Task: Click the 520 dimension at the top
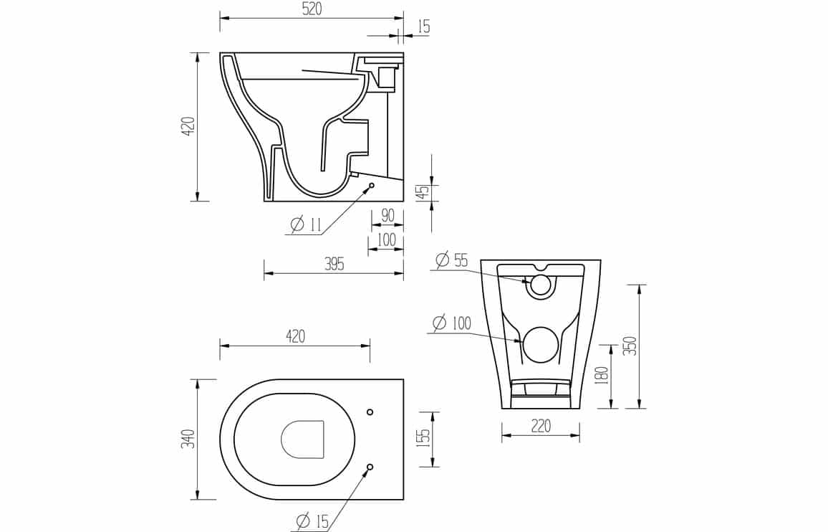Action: [312, 9]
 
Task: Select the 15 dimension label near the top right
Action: [423, 26]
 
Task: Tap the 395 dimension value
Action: [334, 264]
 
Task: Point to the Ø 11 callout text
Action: [306, 224]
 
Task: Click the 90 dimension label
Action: [387, 216]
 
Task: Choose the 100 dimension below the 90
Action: [387, 239]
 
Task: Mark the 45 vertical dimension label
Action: [423, 192]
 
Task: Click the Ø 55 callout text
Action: [452, 260]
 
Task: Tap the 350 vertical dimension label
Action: [631, 346]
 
